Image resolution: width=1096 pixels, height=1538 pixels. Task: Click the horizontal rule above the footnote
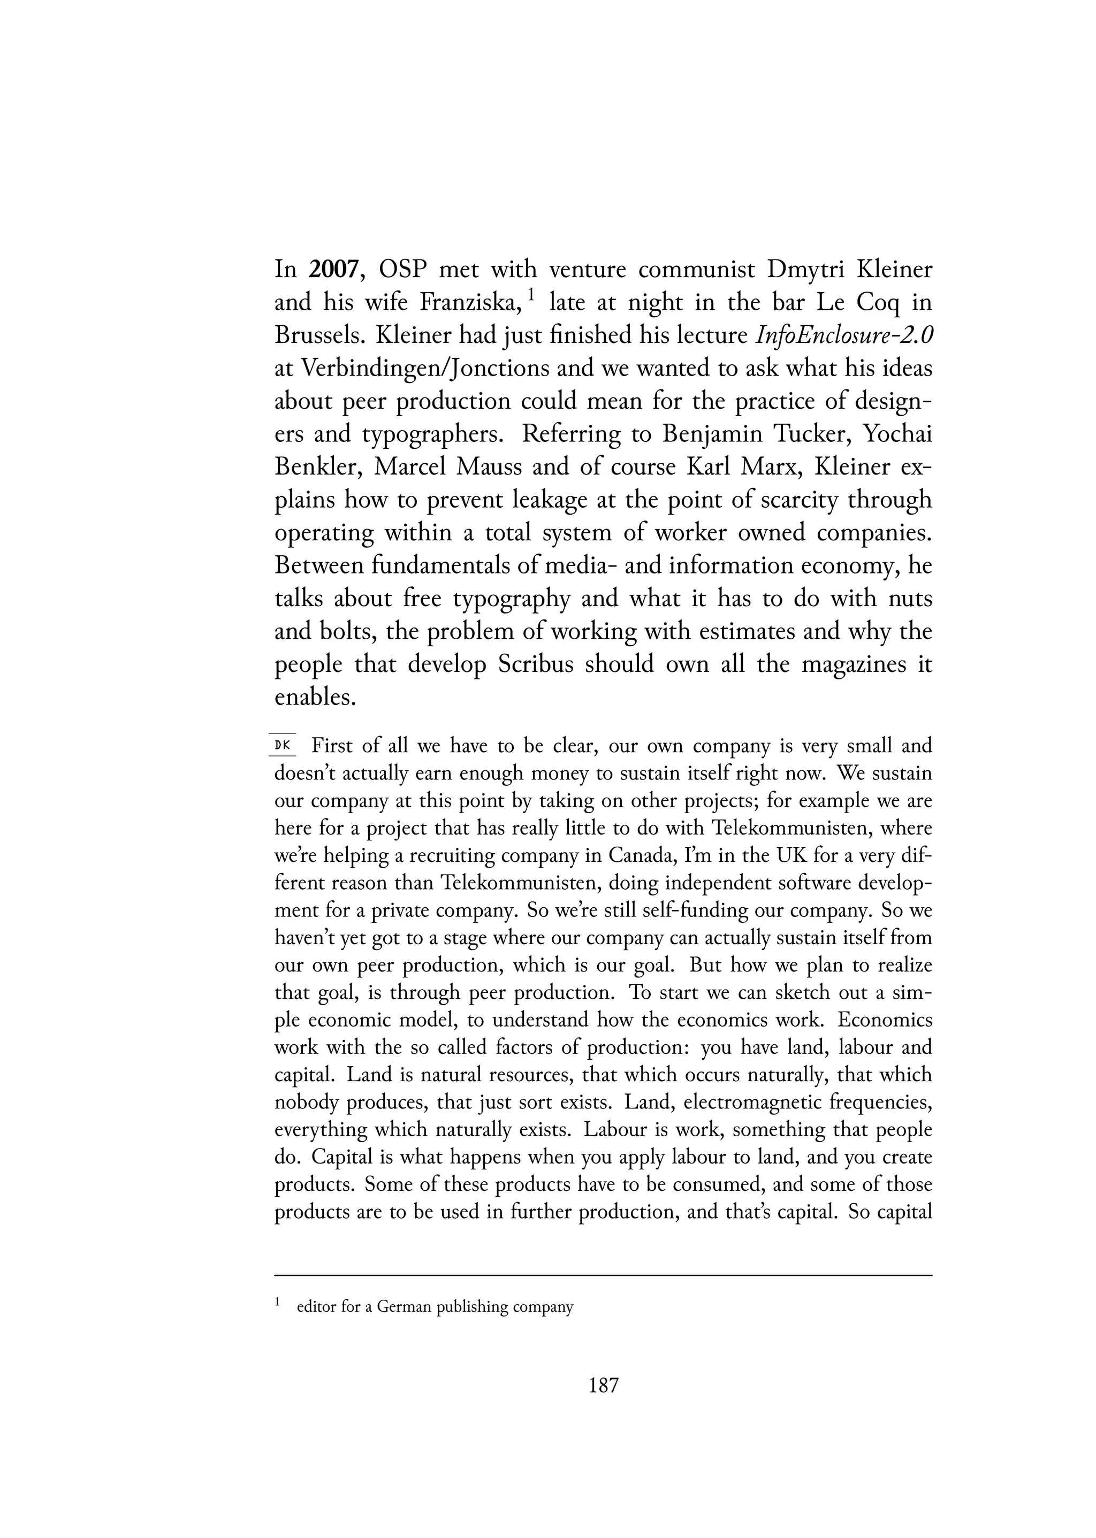[603, 1275]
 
